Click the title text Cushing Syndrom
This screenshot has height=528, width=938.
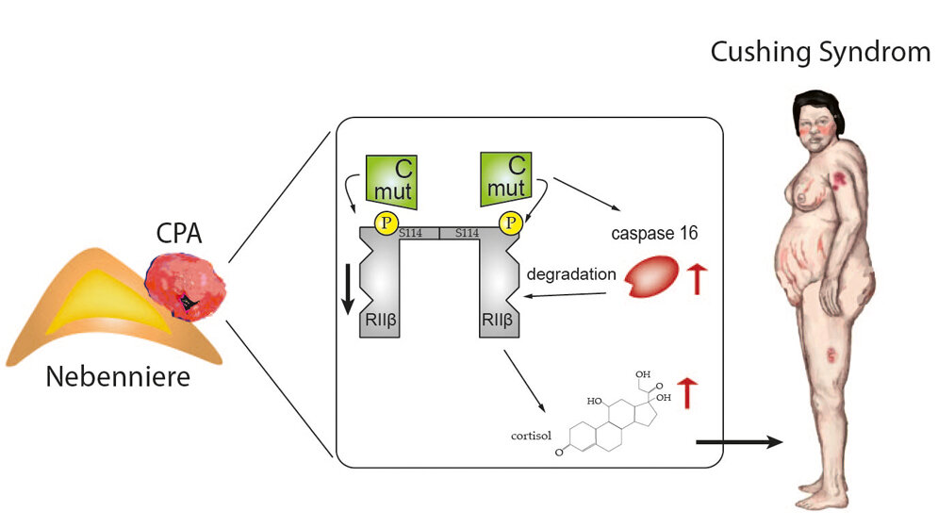coord(819,52)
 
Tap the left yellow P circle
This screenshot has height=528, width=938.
coord(387,223)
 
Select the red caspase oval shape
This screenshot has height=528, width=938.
coord(653,279)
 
